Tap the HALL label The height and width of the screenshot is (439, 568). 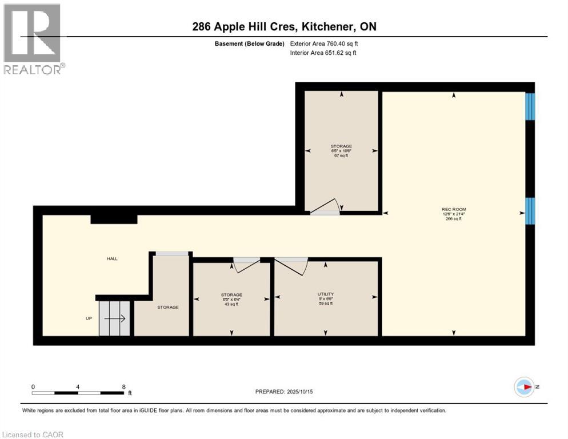tap(112, 259)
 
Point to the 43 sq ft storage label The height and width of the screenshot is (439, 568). tap(231, 299)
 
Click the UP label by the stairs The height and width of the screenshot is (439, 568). tap(89, 318)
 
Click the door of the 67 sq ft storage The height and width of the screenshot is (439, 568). tap(327, 207)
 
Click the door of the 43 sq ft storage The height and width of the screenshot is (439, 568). tap(246, 264)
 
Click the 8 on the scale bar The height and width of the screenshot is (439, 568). tap(124, 386)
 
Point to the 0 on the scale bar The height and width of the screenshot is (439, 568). tap(33, 386)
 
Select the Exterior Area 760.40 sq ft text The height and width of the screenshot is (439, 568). tap(324, 43)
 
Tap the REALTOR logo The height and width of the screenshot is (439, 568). tap(33, 39)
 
